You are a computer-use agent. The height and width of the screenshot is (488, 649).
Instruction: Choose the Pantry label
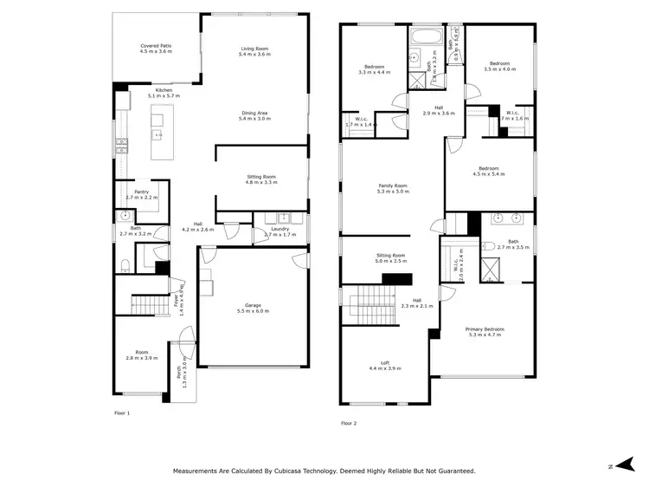tap(141, 194)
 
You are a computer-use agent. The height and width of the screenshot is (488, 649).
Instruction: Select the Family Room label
tap(392, 187)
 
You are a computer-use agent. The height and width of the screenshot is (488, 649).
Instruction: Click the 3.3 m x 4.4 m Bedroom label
tap(375, 68)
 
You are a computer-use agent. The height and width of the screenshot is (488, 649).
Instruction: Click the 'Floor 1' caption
tap(122, 413)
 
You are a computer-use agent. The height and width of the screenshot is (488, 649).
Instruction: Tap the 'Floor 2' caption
tap(349, 423)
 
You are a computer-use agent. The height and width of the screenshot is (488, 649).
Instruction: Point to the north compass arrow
tap(620, 466)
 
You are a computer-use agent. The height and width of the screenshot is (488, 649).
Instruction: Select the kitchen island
tap(159, 133)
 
